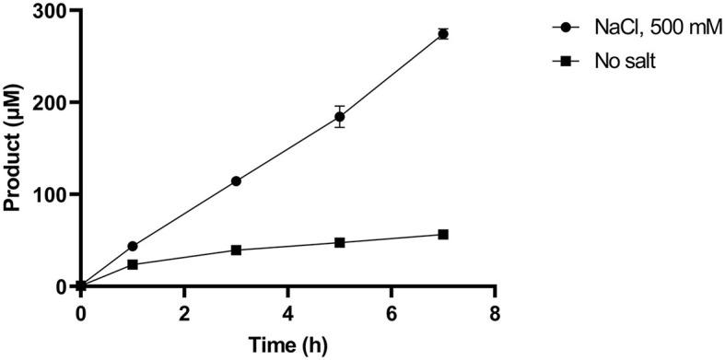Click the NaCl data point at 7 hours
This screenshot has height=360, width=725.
click(x=443, y=34)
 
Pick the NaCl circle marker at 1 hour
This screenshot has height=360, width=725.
click(x=133, y=246)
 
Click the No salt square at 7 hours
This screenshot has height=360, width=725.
click(x=443, y=235)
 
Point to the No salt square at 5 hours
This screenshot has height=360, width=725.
click(x=339, y=242)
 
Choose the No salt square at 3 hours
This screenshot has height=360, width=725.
click(x=236, y=250)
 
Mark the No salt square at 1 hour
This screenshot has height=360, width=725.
click(x=133, y=264)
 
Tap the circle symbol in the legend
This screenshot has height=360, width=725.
click(x=565, y=28)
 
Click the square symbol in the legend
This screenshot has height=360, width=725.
click(x=565, y=61)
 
